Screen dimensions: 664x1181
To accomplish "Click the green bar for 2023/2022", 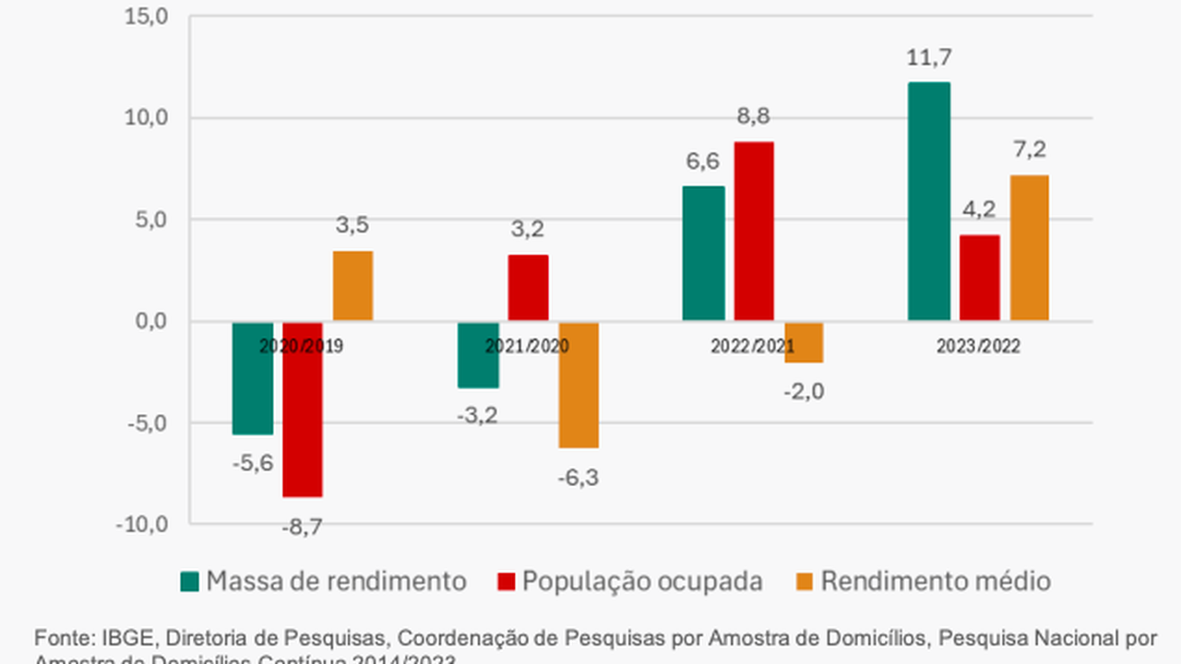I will tap(929, 201).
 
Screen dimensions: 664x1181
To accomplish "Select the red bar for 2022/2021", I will tap(754, 231).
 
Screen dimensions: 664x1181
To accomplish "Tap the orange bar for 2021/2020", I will tap(579, 385).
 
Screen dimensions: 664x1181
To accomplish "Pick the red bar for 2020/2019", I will tap(303, 409).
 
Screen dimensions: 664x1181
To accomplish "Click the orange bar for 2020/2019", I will tap(353, 286).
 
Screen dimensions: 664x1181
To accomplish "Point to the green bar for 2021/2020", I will tap(479, 355).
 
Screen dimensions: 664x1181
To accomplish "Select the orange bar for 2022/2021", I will tap(804, 342).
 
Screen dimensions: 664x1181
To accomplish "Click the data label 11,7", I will tap(928, 58).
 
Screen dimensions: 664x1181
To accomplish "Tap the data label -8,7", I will tap(303, 527).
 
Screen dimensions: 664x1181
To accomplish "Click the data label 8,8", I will tap(753, 117).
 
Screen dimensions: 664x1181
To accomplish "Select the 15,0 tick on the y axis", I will tap(147, 17).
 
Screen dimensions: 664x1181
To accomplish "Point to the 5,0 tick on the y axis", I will tap(151, 219).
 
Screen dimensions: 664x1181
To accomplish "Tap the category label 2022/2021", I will tap(753, 347).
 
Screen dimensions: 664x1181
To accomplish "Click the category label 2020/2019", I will tap(301, 347).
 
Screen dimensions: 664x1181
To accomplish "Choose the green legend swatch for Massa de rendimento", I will tap(190, 582).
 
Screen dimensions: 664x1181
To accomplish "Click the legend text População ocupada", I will tap(642, 582).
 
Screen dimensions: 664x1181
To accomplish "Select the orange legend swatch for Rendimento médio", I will tap(805, 582).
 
